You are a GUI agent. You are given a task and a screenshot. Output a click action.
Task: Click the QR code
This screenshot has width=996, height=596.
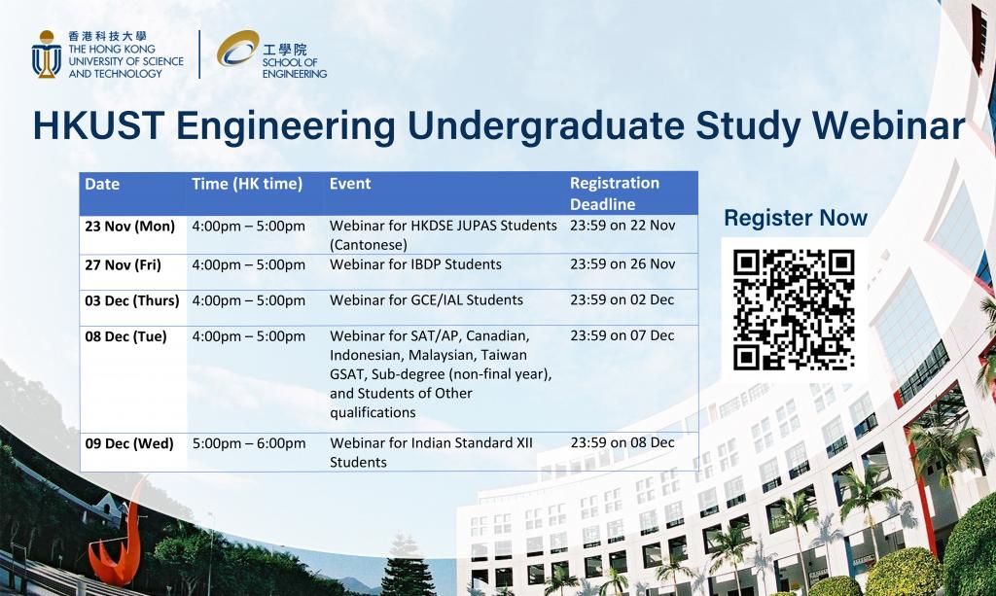click(x=794, y=309)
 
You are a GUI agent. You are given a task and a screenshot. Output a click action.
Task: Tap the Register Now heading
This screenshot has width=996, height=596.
click(x=796, y=218)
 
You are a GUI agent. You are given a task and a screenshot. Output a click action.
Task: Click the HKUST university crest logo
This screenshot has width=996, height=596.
click(x=47, y=54)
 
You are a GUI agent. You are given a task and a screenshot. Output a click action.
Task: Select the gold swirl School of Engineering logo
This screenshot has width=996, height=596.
click(x=237, y=48)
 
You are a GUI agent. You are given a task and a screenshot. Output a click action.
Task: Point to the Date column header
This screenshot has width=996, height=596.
click(x=102, y=184)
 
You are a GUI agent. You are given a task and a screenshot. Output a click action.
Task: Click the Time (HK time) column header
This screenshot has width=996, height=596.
click(x=247, y=184)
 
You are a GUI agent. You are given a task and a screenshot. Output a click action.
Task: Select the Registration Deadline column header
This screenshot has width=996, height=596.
click(x=615, y=193)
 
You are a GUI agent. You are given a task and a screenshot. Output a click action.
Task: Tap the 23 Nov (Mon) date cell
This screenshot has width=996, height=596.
click(x=129, y=226)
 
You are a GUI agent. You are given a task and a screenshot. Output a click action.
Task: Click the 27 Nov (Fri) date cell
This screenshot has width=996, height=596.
click(x=123, y=264)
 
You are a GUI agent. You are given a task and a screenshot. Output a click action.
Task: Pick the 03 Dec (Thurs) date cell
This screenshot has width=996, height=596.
click(x=132, y=300)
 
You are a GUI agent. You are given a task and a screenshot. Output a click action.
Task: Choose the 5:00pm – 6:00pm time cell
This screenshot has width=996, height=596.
click(x=249, y=443)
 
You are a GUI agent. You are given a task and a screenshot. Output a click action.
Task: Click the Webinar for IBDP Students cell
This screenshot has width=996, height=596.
click(x=415, y=264)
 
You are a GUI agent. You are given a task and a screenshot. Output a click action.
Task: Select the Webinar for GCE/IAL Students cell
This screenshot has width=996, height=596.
click(x=426, y=299)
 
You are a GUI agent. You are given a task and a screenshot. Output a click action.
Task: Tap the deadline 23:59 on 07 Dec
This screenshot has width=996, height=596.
click(x=622, y=335)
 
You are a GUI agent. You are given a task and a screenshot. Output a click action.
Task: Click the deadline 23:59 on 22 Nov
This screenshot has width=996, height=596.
click(x=622, y=225)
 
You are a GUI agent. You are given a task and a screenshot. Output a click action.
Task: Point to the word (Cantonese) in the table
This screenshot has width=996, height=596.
click(x=369, y=245)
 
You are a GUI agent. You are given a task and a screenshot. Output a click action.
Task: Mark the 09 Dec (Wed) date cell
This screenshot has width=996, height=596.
click(x=129, y=443)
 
